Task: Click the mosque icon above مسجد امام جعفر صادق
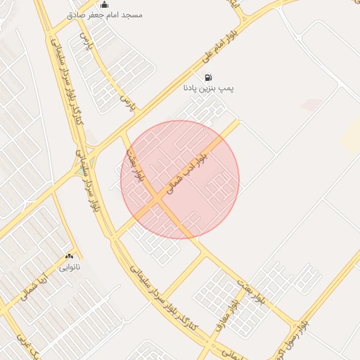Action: pos(104,5)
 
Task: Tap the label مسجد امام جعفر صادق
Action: pos(104,15)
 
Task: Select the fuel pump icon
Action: pos(207,77)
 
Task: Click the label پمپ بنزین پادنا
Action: pos(208,89)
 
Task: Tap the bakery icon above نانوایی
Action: pos(69,257)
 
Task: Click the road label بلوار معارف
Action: pos(233,309)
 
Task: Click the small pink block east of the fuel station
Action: pos(311,105)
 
